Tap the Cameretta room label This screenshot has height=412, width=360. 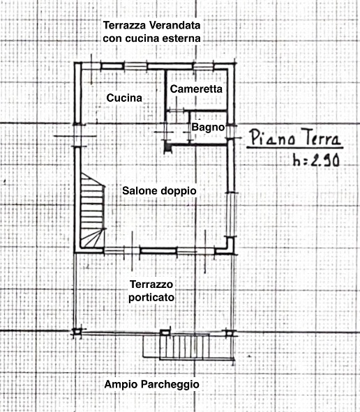[x=196, y=90]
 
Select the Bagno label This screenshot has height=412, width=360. [x=207, y=128]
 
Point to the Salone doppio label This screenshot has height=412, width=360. [x=159, y=190]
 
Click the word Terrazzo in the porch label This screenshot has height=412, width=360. [x=152, y=284]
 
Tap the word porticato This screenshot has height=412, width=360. [x=152, y=298]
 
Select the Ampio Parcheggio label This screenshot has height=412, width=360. [x=151, y=384]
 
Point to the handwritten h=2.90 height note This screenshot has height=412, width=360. [x=315, y=161]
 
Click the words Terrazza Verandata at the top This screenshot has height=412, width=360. [x=151, y=25]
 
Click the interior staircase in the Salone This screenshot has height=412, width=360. [x=92, y=210]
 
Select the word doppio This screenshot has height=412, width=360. [x=179, y=190]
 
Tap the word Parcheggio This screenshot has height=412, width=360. [x=168, y=384]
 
